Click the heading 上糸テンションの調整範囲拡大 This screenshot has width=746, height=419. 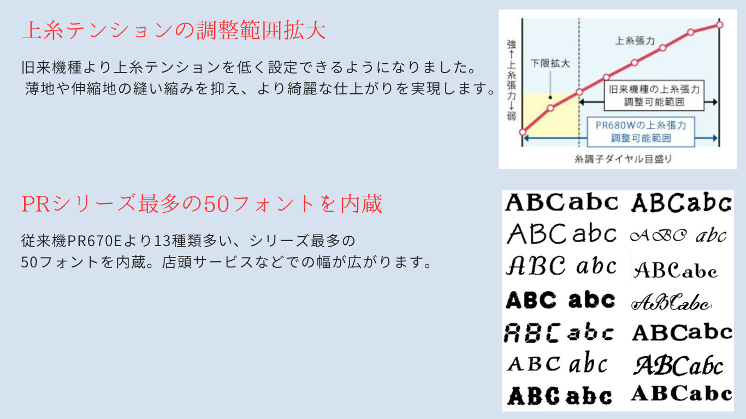pos(174,31)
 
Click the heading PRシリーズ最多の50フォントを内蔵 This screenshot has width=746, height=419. pos(202,203)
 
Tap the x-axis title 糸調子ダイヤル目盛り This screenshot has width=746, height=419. pos(623,159)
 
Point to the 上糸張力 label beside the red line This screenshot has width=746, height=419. pos(635,40)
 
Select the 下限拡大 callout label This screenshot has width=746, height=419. pos(550,63)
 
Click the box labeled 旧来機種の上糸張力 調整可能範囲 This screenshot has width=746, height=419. pos(654,95)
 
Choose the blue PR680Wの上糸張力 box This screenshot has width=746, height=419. pos(641,132)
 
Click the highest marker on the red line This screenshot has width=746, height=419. pos(719,25)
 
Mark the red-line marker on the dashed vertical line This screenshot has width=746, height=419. pos(579,92)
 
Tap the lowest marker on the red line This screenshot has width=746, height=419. pos(523,132)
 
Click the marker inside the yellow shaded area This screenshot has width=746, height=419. pos(550,108)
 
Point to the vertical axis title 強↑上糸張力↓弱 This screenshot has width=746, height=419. pos(511,80)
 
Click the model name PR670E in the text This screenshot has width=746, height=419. pos(94,241)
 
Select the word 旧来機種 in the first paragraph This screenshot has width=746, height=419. pos(51,67)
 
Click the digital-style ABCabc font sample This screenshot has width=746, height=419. pos(559,332)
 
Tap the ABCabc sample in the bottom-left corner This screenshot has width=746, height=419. pos(559,396)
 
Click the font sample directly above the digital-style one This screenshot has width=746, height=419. pos(560,300)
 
